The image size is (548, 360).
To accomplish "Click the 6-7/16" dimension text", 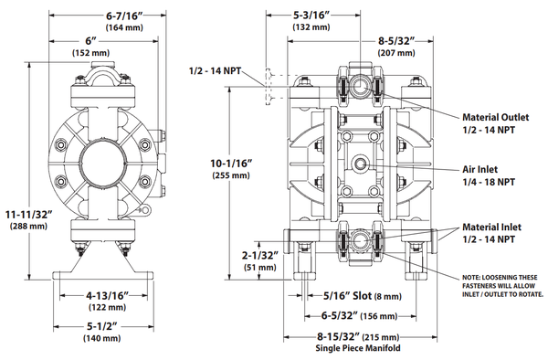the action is pos(124,16).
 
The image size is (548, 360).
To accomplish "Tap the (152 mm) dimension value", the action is pos(90,53).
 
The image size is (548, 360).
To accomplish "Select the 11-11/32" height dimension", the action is pos(28,214).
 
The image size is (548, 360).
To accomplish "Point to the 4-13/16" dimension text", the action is pos(107,296).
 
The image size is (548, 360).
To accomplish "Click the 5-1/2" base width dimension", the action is pos(101,326).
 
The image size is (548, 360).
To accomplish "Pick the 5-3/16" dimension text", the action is pos(311,15).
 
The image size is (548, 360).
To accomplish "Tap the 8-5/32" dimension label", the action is pos(396,41).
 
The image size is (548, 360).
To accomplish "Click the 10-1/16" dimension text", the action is pos(231,164).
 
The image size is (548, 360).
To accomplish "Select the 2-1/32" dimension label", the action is pos(260,255).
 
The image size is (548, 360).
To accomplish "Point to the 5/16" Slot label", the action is pos(347,296).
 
